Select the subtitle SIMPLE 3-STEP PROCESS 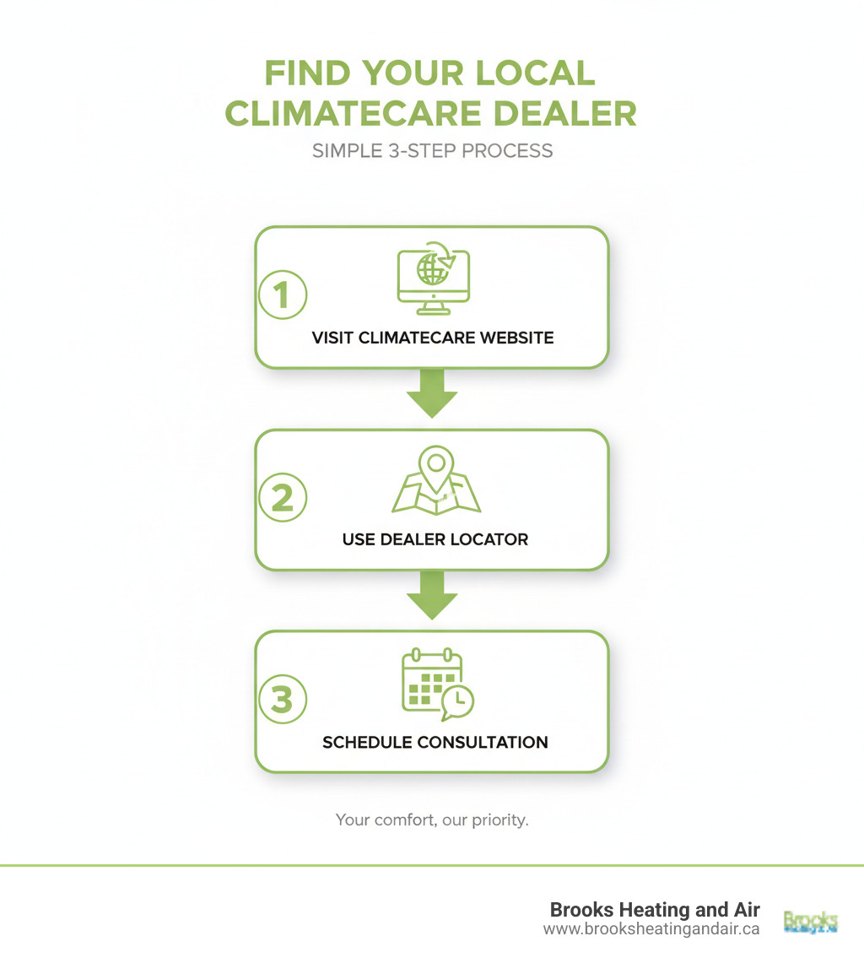(432, 151)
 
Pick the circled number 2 (282, 498)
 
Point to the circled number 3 (282, 700)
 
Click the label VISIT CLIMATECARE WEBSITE (432, 338)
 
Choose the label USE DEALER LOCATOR (435, 539)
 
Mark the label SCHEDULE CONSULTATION (435, 743)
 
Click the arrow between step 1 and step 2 (431, 393)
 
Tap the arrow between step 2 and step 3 (431, 595)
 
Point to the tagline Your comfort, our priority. (432, 820)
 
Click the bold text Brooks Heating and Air (655, 910)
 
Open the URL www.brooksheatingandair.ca (651, 928)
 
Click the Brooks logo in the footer (810, 921)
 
